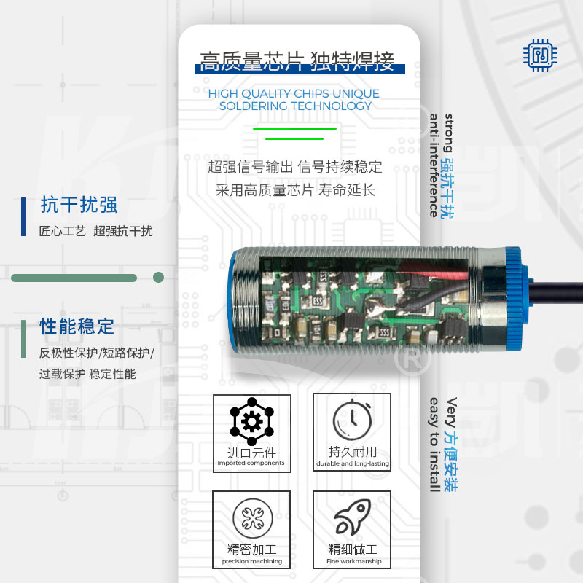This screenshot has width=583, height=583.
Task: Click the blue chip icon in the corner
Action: [540, 55]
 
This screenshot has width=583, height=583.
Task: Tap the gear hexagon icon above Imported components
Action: [251, 421]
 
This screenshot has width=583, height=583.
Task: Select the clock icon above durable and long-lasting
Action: [352, 420]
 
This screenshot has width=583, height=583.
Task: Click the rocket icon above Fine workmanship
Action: [353, 517]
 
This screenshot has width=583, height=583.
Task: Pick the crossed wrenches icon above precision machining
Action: [252, 519]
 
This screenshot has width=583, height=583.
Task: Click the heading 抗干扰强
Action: [79, 205]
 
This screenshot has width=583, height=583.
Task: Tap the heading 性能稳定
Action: [77, 326]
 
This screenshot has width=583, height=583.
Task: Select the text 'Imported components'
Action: [251, 463]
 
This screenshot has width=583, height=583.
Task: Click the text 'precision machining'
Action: [252, 561]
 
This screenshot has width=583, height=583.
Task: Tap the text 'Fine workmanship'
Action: [354, 561]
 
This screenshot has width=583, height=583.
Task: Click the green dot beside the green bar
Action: [158, 278]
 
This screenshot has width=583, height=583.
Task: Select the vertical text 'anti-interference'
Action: [434, 165]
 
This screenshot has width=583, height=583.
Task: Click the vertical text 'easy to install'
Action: [434, 445]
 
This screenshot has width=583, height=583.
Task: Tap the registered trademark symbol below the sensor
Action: [412, 359]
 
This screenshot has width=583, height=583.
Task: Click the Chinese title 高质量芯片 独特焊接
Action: [297, 61]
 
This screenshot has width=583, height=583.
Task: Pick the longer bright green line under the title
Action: [295, 129]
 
